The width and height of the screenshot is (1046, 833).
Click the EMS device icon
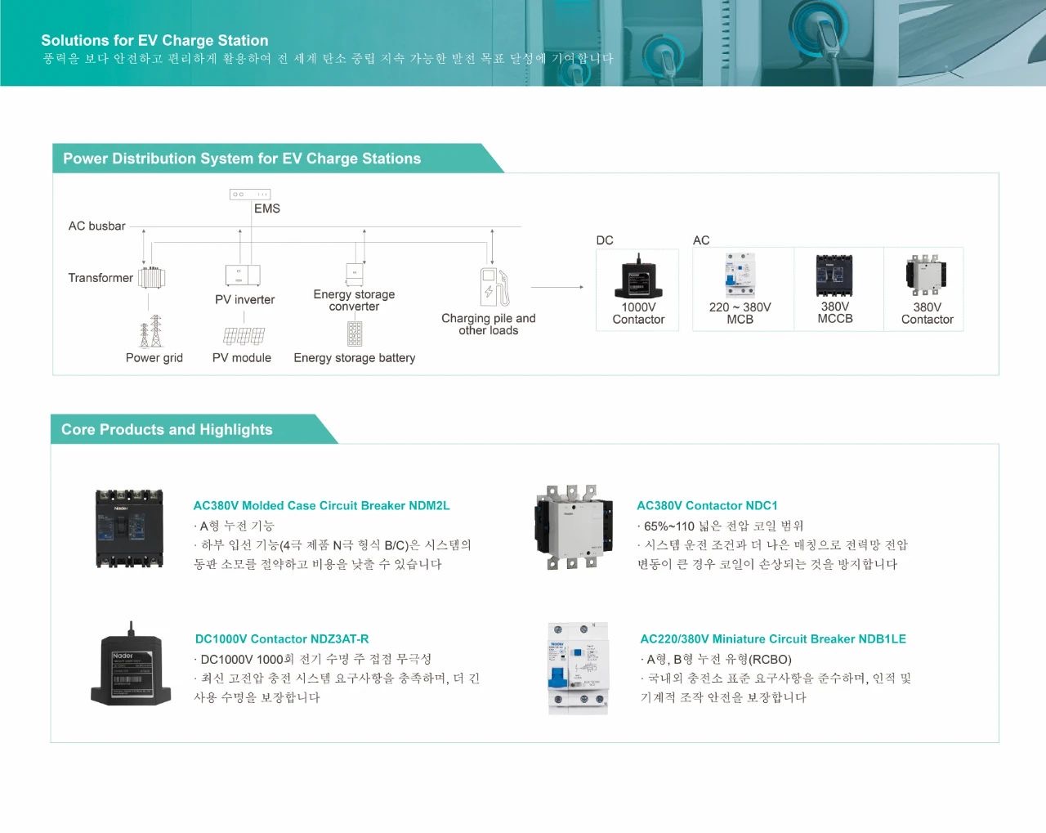coord(250,195)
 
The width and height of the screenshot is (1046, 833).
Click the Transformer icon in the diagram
coord(151,278)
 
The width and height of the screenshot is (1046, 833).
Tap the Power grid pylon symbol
coord(151,331)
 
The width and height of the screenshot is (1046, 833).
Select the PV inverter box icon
coord(243,275)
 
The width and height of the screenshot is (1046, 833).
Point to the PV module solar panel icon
coord(244,335)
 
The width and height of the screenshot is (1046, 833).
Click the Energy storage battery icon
coord(354,334)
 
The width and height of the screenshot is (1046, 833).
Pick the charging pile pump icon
coord(494,288)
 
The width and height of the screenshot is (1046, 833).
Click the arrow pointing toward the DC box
coord(557,287)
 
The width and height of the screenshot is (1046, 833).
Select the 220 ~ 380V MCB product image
coord(740,275)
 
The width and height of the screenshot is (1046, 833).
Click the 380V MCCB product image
coord(834,275)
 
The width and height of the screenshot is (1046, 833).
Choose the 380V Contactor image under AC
coord(926,275)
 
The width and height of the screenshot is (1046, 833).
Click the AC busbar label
coord(97,226)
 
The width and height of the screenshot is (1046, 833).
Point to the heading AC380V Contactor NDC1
coord(707,505)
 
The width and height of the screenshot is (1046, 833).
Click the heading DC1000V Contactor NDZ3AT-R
coord(282,638)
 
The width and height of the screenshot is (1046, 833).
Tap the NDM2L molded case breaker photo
coord(130,529)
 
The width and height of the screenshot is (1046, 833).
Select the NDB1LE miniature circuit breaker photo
coord(578,668)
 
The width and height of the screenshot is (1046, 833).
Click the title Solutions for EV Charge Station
coord(154,40)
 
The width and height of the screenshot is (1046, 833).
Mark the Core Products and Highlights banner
coord(167,429)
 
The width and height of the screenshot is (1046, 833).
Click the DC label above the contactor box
coord(605,240)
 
